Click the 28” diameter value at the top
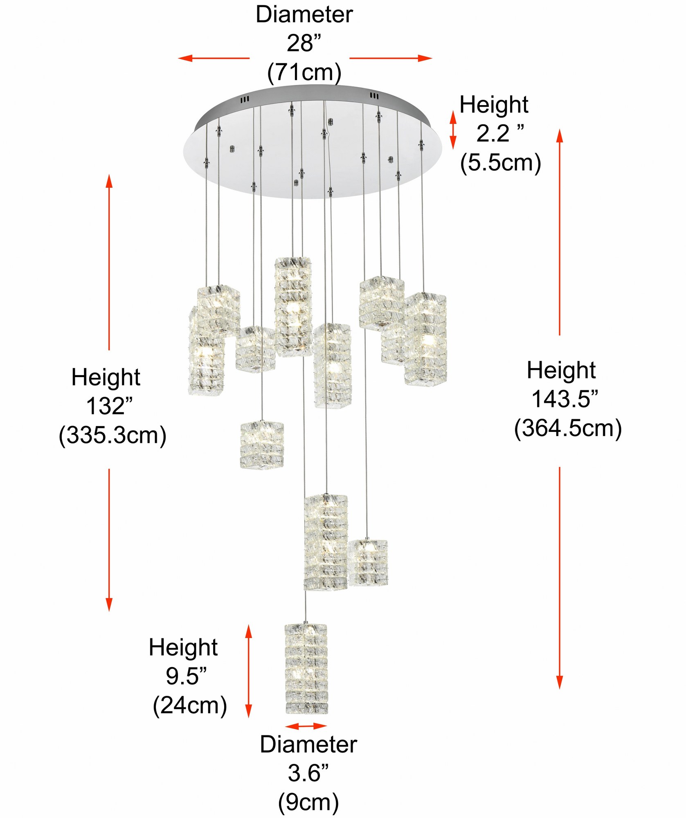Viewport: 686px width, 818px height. click(304, 43)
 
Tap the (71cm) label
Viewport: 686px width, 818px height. click(304, 72)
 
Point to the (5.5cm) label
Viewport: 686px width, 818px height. click(501, 162)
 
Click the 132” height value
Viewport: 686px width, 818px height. click(109, 406)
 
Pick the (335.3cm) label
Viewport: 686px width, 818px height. click(112, 435)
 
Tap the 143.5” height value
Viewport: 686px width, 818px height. click(565, 399)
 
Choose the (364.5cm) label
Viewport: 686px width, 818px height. click(568, 428)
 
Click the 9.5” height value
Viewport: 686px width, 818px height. click(186, 676)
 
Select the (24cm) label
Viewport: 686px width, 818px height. click(190, 705)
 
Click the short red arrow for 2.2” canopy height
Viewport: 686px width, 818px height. click(453, 130)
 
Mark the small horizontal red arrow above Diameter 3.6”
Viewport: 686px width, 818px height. click(306, 726)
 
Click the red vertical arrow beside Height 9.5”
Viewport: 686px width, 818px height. click(248, 671)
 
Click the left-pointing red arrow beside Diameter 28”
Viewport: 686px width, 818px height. click(214, 58)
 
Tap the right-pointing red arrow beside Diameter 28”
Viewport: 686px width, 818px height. click(391, 58)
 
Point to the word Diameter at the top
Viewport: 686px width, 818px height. click(304, 15)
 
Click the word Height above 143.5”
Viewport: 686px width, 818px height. click(561, 370)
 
